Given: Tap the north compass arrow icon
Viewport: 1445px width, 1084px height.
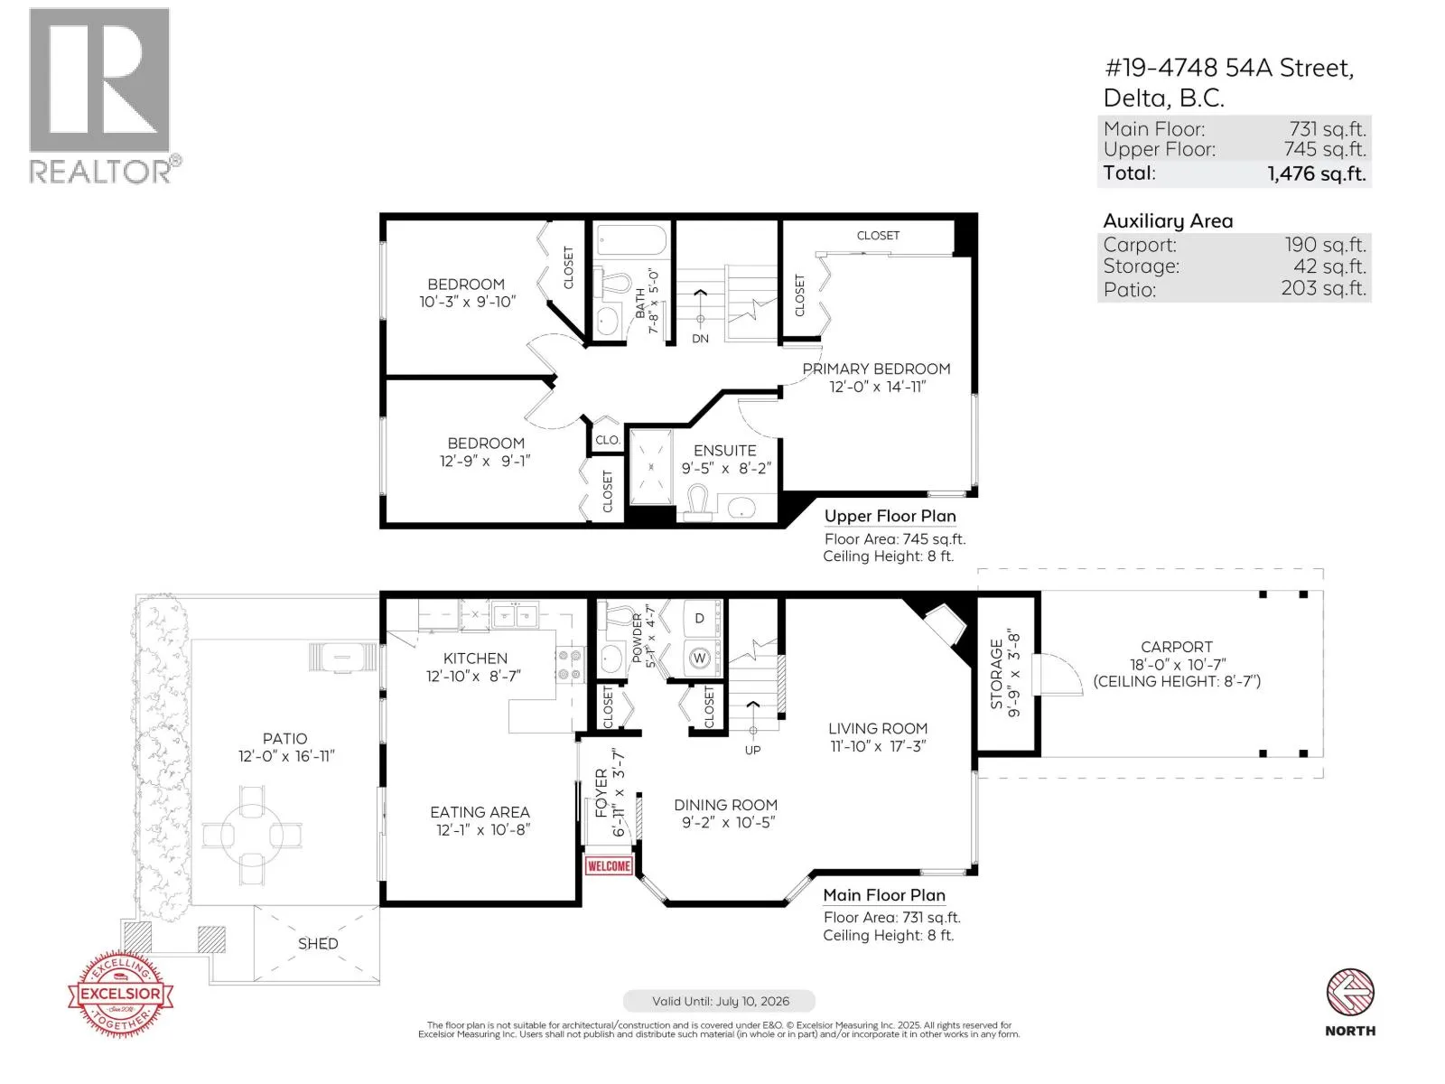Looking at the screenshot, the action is (1350, 991).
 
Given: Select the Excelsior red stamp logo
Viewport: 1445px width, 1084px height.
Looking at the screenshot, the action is (120, 993).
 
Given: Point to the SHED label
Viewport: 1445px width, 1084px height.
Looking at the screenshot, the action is (318, 943).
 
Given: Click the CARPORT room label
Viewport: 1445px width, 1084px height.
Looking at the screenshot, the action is (1177, 647).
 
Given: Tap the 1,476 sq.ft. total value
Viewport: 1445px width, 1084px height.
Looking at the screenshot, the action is (1317, 173).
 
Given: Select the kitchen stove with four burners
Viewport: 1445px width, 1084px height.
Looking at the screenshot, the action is (570, 665).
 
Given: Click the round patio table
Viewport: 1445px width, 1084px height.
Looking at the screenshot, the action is (252, 835).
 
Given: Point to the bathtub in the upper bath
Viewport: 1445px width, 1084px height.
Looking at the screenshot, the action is (630, 240).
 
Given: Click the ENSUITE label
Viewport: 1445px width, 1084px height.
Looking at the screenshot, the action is (725, 450).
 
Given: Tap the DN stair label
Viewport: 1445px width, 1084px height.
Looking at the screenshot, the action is (700, 338).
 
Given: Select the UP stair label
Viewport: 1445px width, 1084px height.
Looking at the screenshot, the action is (752, 750).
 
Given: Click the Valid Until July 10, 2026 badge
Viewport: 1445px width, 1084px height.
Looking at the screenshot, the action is (719, 1000).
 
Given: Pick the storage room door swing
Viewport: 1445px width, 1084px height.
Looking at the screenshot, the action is (1058, 673).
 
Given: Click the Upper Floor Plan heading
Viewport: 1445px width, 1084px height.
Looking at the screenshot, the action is (890, 516).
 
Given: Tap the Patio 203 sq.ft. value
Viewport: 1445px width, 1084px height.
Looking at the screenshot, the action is (1323, 288).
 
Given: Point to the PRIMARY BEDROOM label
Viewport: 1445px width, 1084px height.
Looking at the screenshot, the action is (876, 369).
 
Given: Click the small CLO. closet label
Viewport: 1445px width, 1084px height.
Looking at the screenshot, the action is (607, 440).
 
